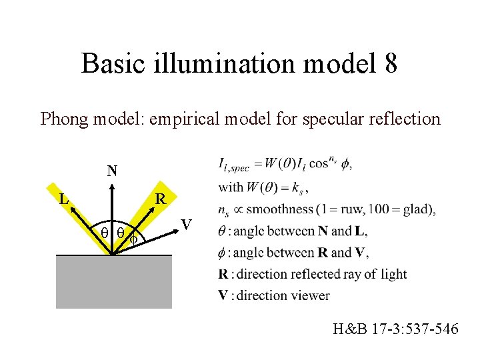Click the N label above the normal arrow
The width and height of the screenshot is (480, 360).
pos(113,171)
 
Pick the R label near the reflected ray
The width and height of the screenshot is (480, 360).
pos(161,199)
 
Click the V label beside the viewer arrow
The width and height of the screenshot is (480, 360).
pos(188,223)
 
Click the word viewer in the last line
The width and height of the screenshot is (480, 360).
pos(310,295)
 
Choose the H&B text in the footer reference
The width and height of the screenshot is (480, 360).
pos(347,328)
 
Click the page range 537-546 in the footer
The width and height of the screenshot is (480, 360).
pos(429,328)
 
